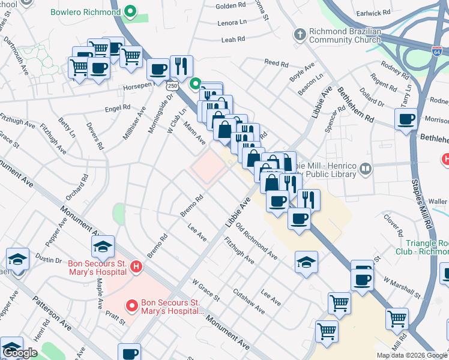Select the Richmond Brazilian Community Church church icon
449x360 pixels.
pyautogui.click(x=300, y=34)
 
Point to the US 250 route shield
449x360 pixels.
pyautogui.click(x=172, y=86)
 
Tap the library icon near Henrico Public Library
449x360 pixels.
pyautogui.click(x=364, y=170)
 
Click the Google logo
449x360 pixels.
pyautogui.click(x=20, y=353)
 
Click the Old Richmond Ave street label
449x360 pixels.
pyautogui.click(x=256, y=241)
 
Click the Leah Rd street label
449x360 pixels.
pyautogui.click(x=234, y=39)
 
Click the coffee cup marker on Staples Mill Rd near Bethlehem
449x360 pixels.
pyautogui.click(x=406, y=119)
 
